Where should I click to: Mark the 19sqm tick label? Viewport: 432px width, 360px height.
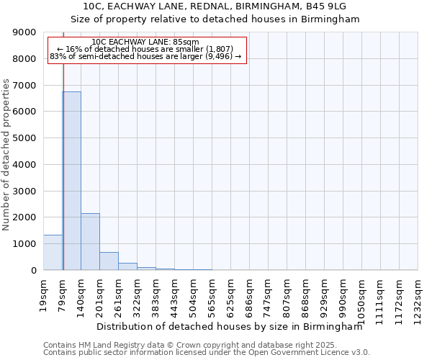pyautogui.click(x=44, y=291)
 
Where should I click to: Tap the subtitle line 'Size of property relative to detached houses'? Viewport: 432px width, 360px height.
pyautogui.click(x=215, y=19)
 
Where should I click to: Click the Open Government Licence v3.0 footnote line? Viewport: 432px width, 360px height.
pyautogui.click(x=206, y=353)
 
